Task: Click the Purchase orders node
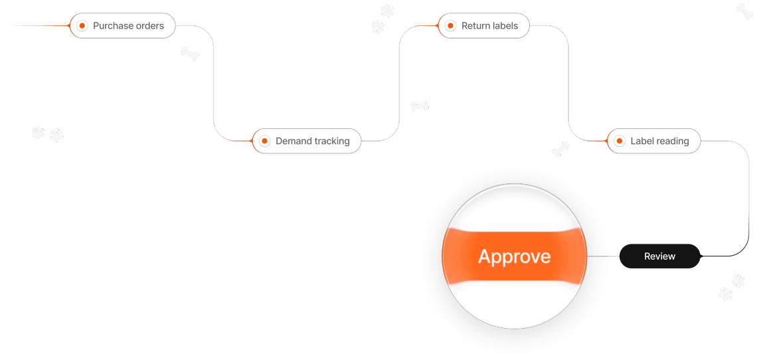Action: (x=122, y=26)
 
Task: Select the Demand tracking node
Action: (x=307, y=141)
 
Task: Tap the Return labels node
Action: (x=483, y=26)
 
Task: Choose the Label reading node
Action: (x=653, y=141)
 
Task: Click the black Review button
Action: (x=659, y=256)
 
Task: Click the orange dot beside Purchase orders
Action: (x=82, y=26)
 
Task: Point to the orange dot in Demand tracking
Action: (x=265, y=141)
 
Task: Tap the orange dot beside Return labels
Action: (x=451, y=26)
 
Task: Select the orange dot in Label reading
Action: (x=620, y=141)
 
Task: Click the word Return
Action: (x=475, y=26)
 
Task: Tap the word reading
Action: (x=672, y=141)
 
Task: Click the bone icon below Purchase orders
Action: (x=190, y=53)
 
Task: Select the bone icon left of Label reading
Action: (x=560, y=149)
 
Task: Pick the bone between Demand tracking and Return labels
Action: (x=420, y=106)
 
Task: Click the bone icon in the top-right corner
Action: (x=744, y=11)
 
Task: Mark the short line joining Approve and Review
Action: (x=604, y=256)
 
